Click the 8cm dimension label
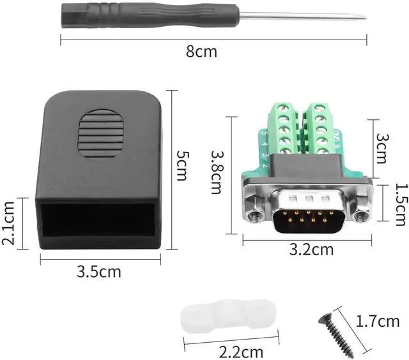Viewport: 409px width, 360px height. click(201, 52)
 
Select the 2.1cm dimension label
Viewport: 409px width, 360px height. click(9, 223)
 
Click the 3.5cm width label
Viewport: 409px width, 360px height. click(99, 271)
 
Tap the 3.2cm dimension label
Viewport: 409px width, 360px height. click(311, 250)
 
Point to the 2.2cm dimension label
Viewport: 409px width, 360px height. click(240, 351)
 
